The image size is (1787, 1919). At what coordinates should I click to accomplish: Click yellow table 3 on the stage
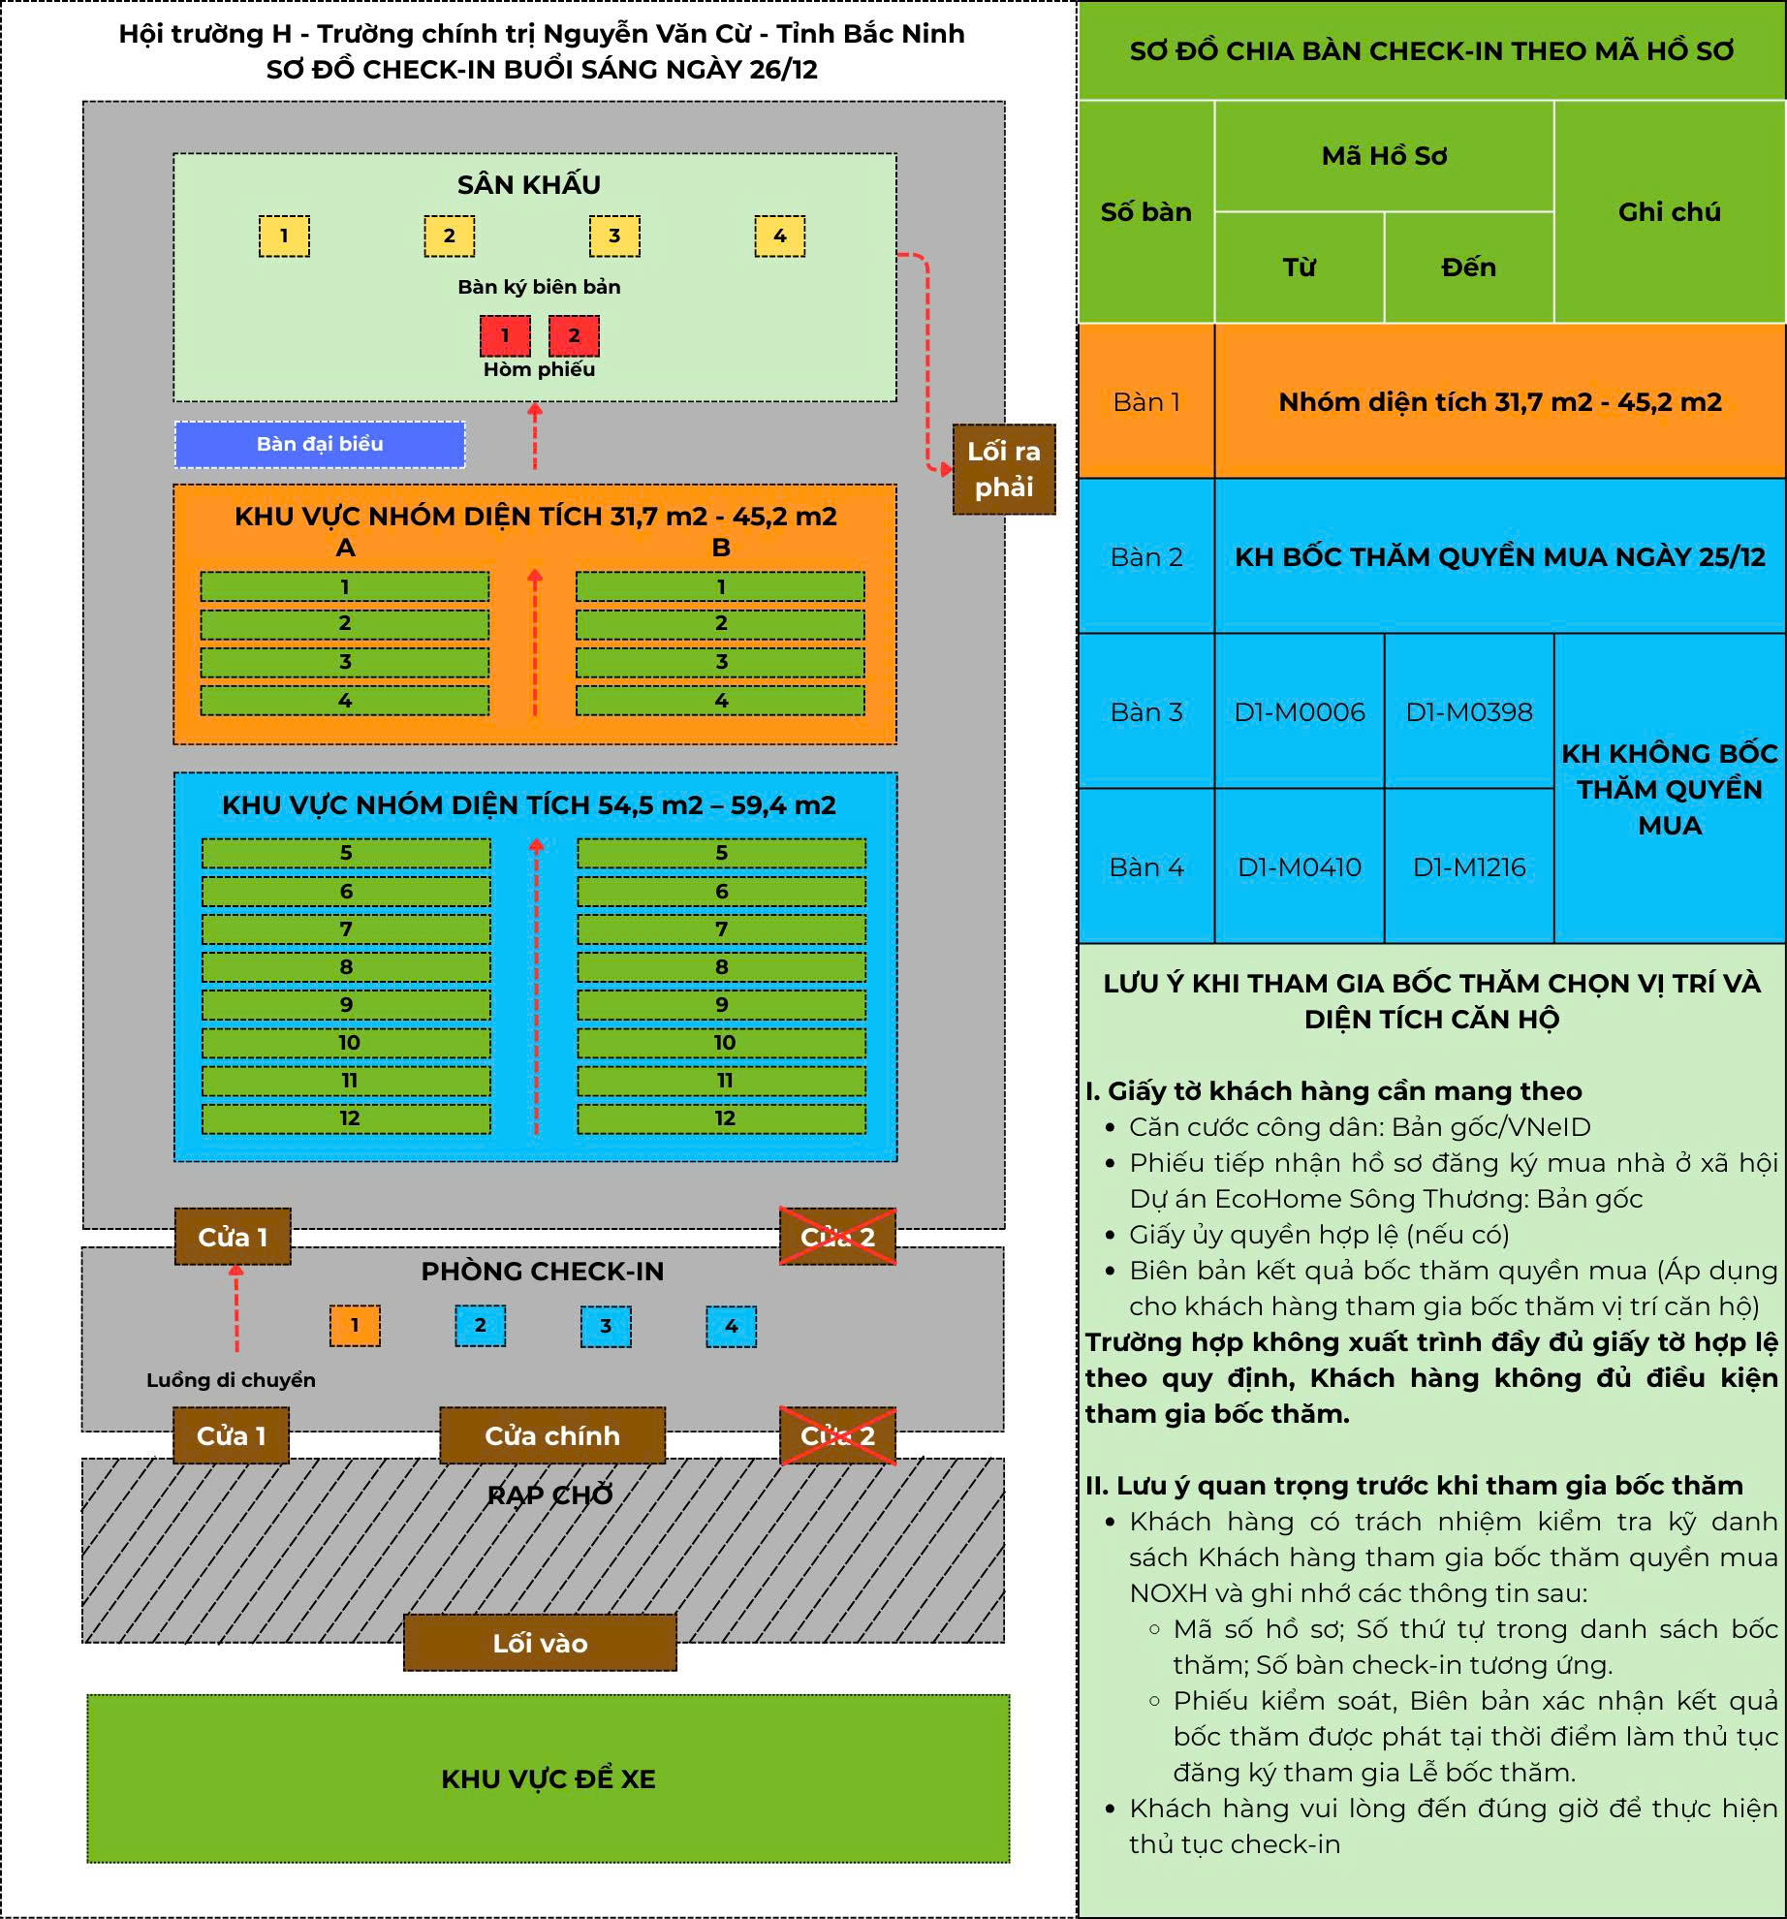point(614,236)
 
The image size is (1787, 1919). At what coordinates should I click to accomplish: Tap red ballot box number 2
point(574,335)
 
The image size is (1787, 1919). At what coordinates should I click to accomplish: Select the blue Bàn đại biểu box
point(320,444)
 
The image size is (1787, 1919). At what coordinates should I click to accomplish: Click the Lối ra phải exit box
point(1003,469)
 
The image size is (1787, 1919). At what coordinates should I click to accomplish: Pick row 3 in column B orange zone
point(720,662)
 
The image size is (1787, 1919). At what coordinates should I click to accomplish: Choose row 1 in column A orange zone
point(345,586)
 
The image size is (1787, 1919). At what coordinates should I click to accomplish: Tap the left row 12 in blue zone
point(347,1118)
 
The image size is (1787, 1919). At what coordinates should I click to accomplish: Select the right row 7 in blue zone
point(721,929)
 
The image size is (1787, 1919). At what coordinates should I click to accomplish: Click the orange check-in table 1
point(355,1326)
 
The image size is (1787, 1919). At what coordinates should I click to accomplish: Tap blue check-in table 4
point(731,1326)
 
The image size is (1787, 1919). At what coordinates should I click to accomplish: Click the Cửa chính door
point(552,1435)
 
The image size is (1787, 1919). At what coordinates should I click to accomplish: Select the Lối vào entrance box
point(540,1643)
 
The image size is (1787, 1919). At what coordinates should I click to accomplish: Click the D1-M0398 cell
point(1469,712)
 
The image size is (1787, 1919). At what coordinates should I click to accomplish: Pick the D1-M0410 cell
point(1299,867)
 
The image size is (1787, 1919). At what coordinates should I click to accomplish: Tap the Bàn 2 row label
point(1146,557)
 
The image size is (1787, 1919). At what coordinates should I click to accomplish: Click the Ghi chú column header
point(1669,212)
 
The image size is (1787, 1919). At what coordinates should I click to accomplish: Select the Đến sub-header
point(1468,267)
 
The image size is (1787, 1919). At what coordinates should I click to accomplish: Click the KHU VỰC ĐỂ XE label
point(549,1778)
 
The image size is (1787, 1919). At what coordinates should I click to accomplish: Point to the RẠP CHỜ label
point(549,1495)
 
